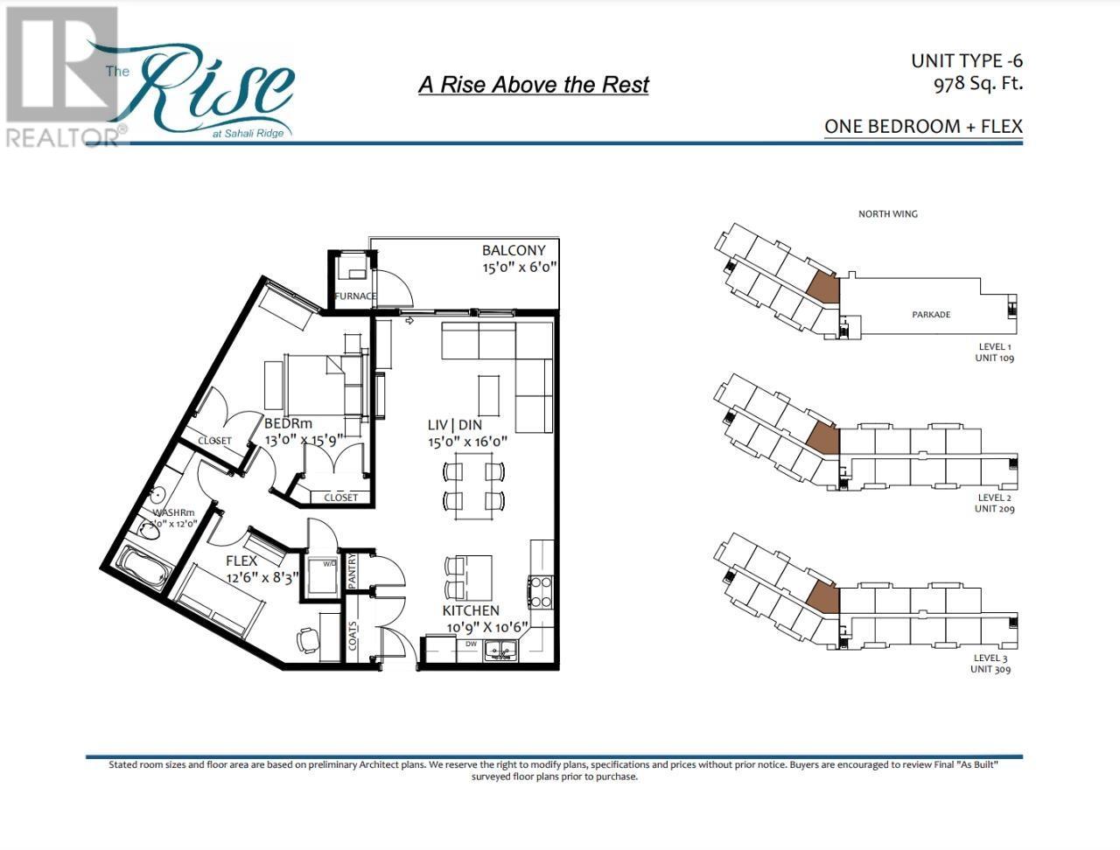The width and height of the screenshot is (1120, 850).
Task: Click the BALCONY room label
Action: pyautogui.click(x=514, y=250)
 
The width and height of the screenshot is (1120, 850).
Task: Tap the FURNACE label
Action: pyautogui.click(x=355, y=296)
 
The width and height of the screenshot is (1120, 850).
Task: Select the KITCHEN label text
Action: pyautogui.click(x=471, y=610)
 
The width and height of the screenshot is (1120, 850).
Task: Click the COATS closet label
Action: pyautogui.click(x=353, y=636)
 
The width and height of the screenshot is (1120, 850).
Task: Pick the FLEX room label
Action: pyautogui.click(x=241, y=561)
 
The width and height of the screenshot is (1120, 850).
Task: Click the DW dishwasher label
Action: pyautogui.click(x=471, y=644)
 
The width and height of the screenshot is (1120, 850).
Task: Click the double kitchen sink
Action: pyautogui.click(x=500, y=650)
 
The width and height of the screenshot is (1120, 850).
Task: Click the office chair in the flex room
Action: pyautogui.click(x=309, y=639)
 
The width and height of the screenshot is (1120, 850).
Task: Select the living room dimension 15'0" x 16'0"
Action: pyautogui.click(x=467, y=442)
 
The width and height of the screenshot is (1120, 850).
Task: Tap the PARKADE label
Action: pyautogui.click(x=931, y=315)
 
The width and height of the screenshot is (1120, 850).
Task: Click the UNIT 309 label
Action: pyautogui.click(x=991, y=669)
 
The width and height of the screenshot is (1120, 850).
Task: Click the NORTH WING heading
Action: pyautogui.click(x=887, y=213)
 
